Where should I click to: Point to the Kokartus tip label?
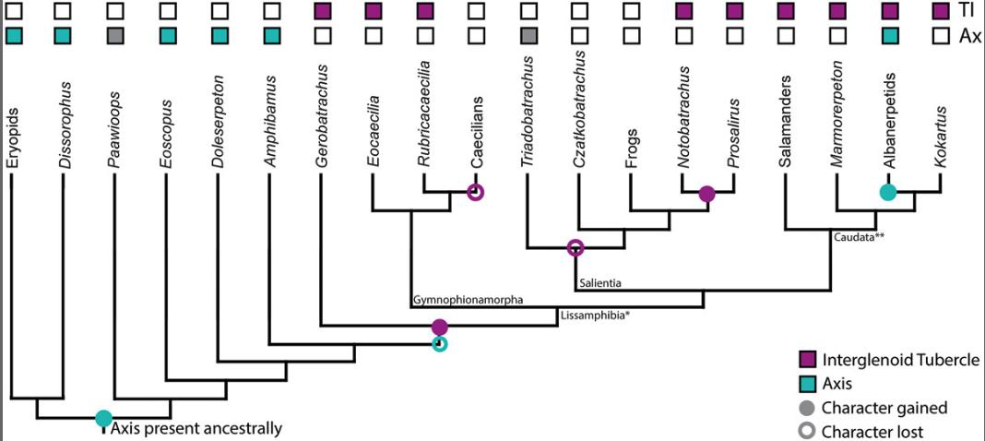[940, 131]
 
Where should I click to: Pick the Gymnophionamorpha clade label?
[469, 300]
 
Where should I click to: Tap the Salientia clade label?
[600, 280]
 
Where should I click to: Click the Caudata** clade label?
[861, 237]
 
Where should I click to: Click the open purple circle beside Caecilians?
[476, 193]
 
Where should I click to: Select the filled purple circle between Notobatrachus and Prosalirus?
[707, 194]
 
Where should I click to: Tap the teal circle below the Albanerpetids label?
[887, 193]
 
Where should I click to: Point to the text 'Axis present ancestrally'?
[196, 428]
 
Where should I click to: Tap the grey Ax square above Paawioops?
[114, 36]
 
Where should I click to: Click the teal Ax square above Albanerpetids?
[889, 36]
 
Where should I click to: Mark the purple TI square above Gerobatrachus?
[322, 12]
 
